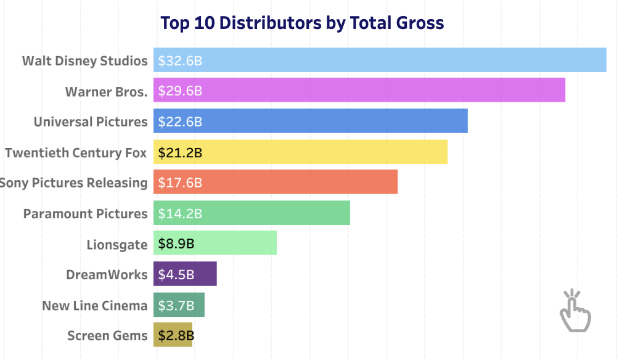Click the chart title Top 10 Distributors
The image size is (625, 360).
pos(302,23)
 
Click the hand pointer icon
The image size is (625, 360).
pos(574,311)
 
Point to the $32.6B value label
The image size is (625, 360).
pos(180,61)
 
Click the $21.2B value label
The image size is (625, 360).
pos(180,152)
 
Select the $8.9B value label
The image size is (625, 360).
pos(176,243)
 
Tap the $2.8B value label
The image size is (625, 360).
pos(176,336)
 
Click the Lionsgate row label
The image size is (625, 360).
pos(117,245)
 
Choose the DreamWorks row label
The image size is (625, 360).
pos(107,275)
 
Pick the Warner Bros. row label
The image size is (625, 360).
pos(106,92)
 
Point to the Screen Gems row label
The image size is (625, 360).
pos(107,336)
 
